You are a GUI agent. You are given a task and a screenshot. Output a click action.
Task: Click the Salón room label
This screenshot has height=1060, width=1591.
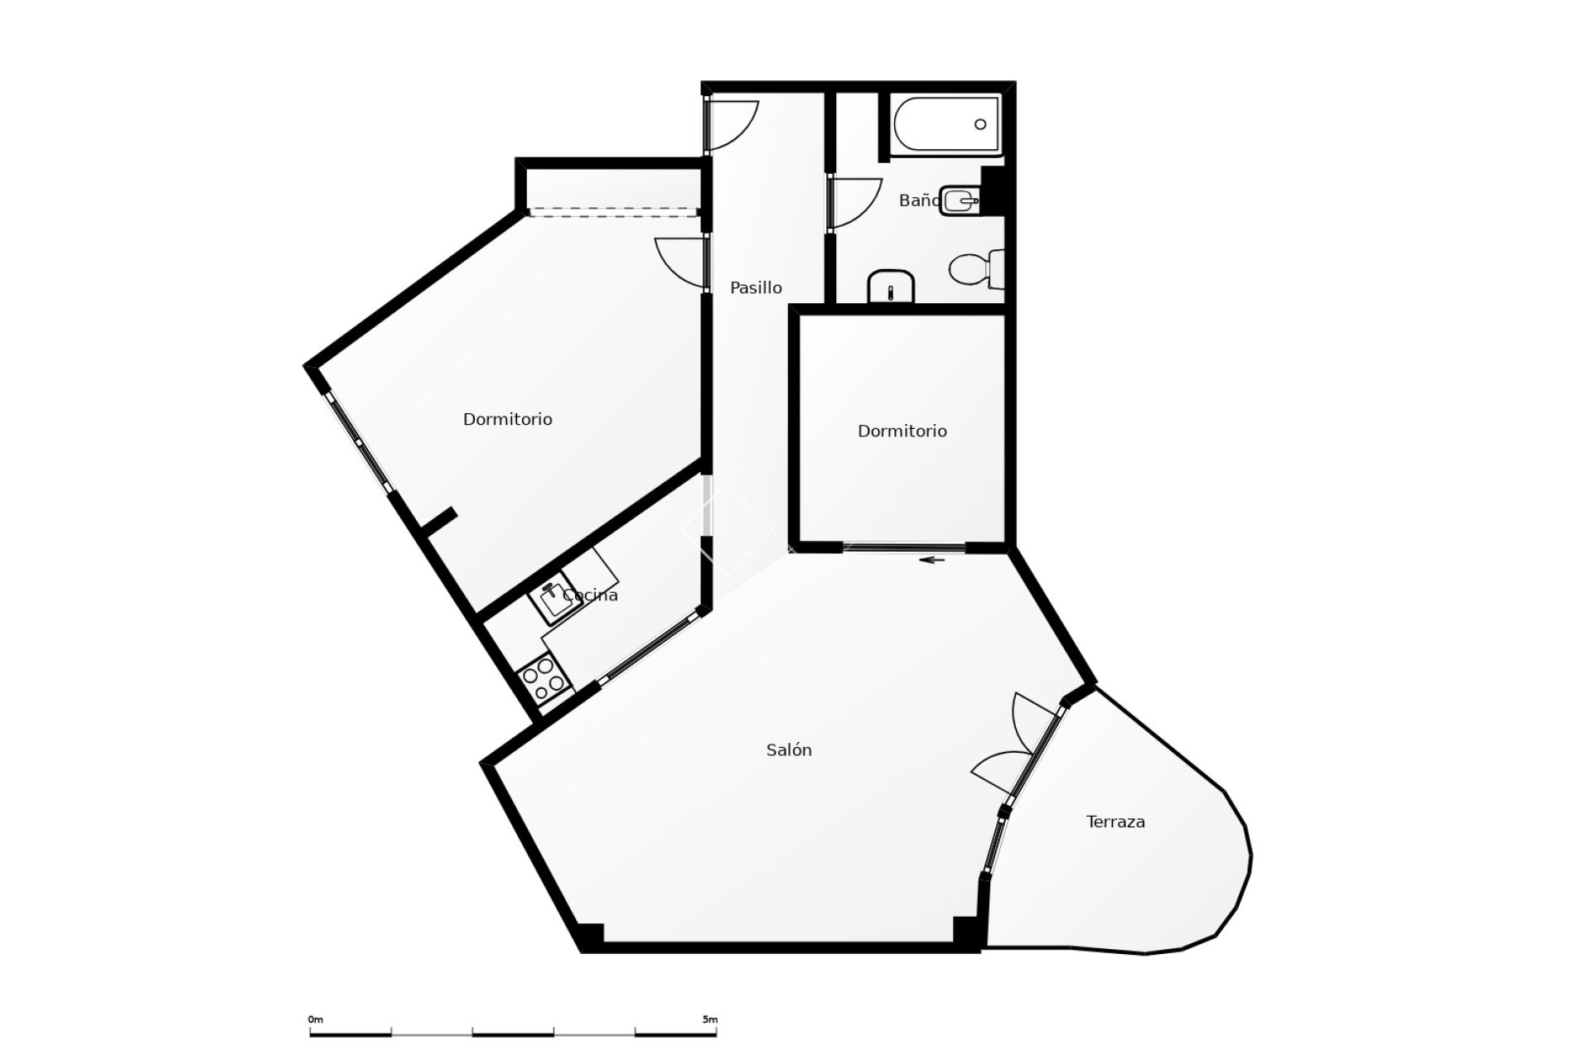tap(788, 750)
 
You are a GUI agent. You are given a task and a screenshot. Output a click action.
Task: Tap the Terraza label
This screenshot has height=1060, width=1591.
tap(1115, 821)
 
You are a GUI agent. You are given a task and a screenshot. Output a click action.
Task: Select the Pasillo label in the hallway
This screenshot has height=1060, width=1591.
tap(755, 287)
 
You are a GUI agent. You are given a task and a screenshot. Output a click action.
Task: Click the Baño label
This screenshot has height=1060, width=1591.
tap(918, 200)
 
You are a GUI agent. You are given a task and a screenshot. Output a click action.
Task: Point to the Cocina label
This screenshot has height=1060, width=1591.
tap(590, 595)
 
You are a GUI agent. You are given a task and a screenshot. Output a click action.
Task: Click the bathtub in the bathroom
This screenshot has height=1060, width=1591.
tap(946, 123)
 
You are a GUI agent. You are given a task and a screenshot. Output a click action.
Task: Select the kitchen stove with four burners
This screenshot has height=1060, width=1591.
tap(544, 676)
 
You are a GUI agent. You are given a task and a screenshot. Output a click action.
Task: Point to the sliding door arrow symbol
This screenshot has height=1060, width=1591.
tap(934, 560)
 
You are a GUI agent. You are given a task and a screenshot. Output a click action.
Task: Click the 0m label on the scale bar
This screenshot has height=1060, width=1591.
tap(315, 1019)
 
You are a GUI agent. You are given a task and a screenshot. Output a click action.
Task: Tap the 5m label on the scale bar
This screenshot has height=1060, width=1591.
tap(710, 1019)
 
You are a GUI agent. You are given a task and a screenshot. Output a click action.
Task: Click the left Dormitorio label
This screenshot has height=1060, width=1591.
tap(507, 420)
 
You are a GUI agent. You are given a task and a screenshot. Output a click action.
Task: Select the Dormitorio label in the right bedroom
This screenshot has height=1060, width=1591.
tap(902, 431)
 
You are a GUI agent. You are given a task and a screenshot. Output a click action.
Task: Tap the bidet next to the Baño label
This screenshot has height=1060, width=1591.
tap(960, 200)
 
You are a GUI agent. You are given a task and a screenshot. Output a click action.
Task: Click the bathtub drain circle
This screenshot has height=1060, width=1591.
tap(980, 124)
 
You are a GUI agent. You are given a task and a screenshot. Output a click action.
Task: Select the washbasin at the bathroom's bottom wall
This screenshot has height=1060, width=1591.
tap(890, 287)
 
